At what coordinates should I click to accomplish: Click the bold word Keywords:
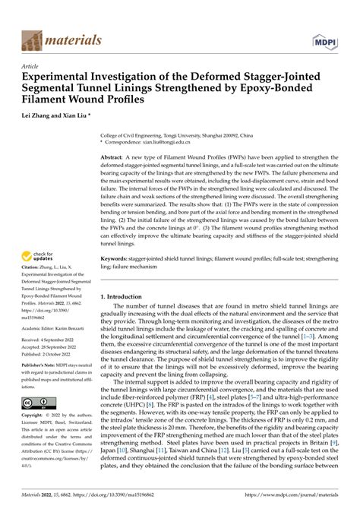pyautogui.click(x=116, y=259)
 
